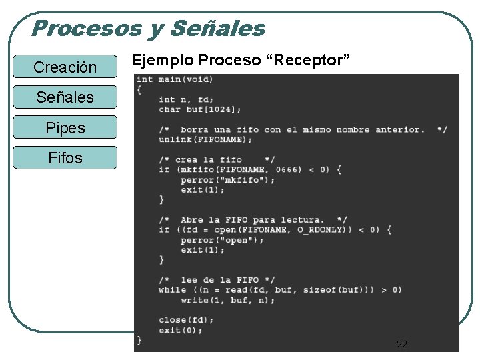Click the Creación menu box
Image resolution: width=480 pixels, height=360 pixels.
click(65, 67)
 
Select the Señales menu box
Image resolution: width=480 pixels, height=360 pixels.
click(65, 97)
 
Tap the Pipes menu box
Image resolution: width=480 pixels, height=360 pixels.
click(65, 127)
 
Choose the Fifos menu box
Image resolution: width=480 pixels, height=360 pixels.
click(65, 158)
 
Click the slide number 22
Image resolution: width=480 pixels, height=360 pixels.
click(402, 344)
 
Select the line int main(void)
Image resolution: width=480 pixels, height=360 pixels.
click(175, 79)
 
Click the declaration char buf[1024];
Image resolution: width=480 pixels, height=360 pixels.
click(200, 109)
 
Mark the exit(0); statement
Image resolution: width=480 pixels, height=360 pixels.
click(181, 330)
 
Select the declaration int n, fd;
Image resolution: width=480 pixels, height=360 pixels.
click(186, 99)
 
